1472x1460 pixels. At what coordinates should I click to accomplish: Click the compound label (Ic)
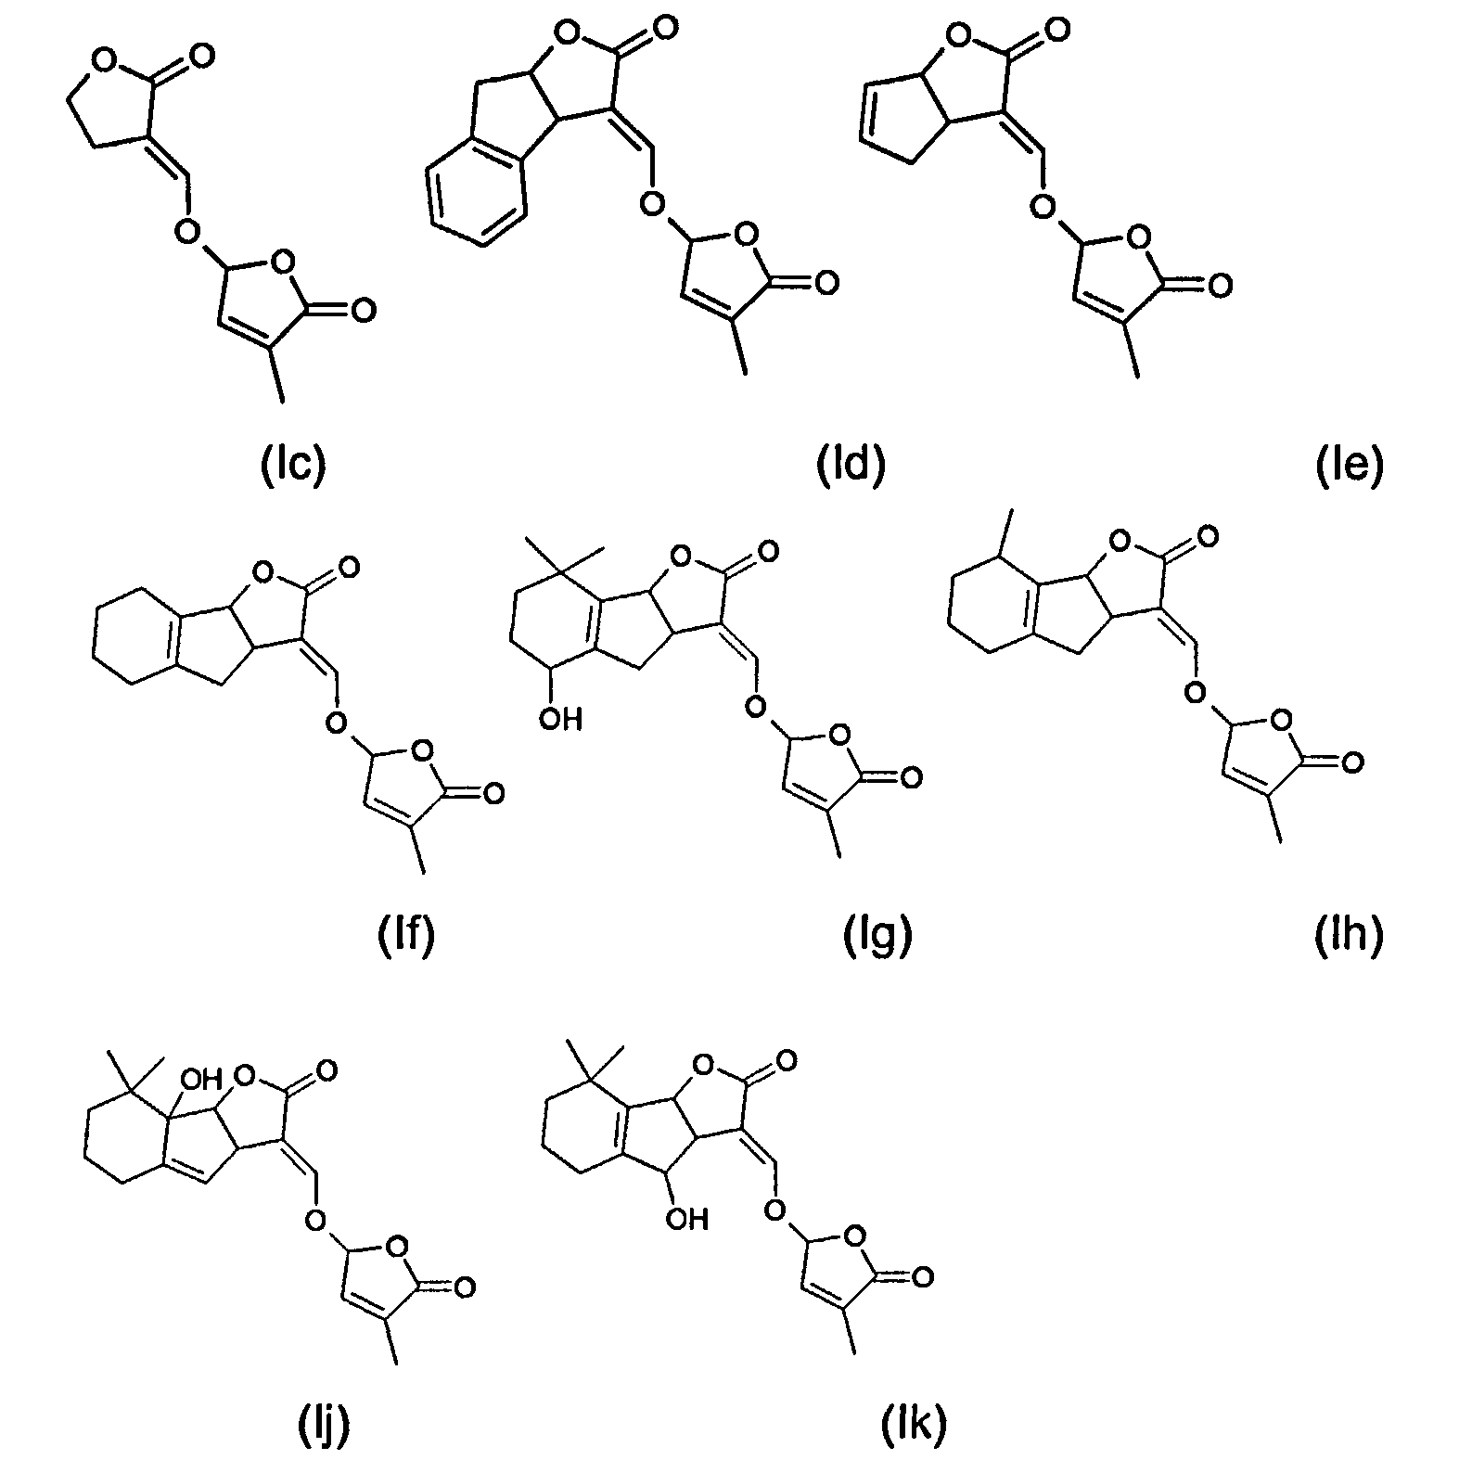click(x=292, y=465)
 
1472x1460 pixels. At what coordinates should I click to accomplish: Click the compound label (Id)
click(x=851, y=465)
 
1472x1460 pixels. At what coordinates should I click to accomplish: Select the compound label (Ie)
click(x=1350, y=465)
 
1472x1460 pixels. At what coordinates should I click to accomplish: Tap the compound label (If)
click(x=405, y=936)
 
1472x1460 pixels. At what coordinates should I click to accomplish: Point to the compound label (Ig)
click(x=878, y=936)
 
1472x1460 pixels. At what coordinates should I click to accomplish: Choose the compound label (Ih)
click(x=1350, y=936)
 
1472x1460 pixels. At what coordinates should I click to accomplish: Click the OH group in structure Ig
click(x=558, y=718)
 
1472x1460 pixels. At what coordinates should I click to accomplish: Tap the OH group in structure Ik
click(x=686, y=1218)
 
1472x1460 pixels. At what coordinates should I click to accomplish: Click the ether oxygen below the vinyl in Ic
click(x=188, y=227)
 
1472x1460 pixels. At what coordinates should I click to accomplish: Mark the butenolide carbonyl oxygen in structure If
click(x=493, y=793)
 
